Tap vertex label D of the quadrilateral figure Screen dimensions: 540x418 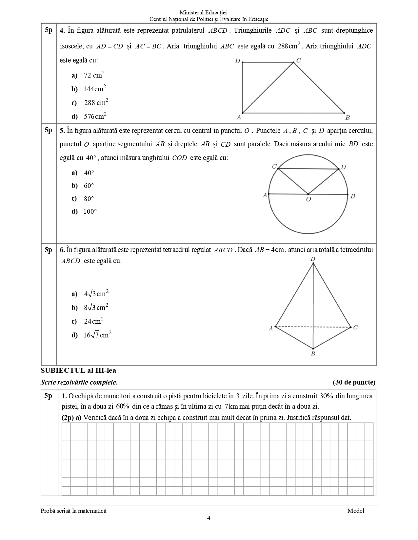pyautogui.click(x=238, y=61)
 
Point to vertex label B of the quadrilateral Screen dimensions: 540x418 pyautogui.click(x=348, y=117)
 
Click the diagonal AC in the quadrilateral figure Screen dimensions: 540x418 pyautogui.click(x=268, y=88)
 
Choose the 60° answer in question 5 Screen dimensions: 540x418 pyautogui.click(x=89, y=186)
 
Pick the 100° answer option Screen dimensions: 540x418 pyautogui.click(x=90, y=211)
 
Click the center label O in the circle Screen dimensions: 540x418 pyautogui.click(x=308, y=199)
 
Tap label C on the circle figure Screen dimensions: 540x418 pyautogui.click(x=274, y=166)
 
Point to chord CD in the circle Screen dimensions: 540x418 pyautogui.click(x=308, y=169)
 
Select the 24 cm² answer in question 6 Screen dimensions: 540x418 pyautogui.click(x=94, y=321)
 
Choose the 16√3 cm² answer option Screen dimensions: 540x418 pyautogui.click(x=97, y=335)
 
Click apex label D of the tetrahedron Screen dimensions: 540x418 pyautogui.click(x=313, y=260)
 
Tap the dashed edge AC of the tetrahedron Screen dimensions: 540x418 pyautogui.click(x=313, y=327)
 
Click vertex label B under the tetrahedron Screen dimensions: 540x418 pyautogui.click(x=313, y=353)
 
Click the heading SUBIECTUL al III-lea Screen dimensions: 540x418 pyautogui.click(x=78, y=370)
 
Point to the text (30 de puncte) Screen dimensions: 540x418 pyautogui.click(x=354, y=382)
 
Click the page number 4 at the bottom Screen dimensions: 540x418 pyautogui.click(x=209, y=518)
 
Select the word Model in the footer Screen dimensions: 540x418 pyautogui.click(x=356, y=511)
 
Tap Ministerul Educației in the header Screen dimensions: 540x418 pyautogui.click(x=209, y=12)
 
